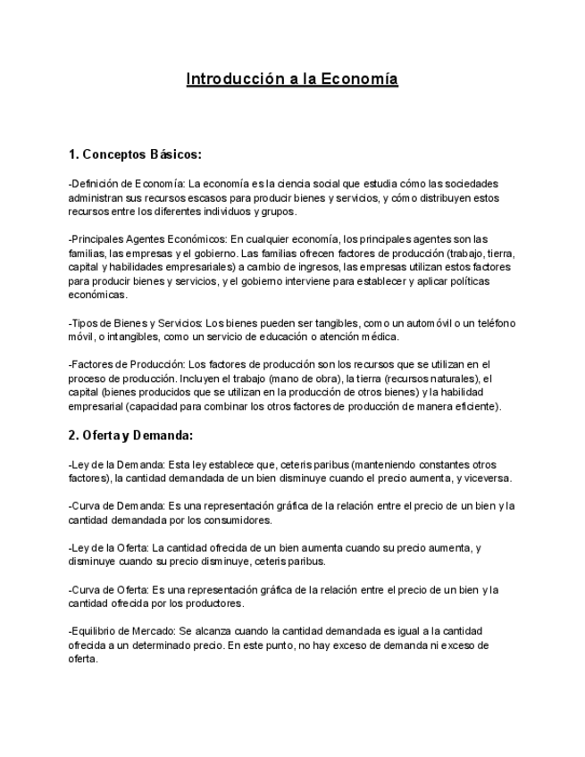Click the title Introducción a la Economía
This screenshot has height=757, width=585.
pyautogui.click(x=292, y=79)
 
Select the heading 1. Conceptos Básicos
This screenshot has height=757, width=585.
pyautogui.click(x=135, y=154)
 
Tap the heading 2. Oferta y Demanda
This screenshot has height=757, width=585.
pyautogui.click(x=130, y=436)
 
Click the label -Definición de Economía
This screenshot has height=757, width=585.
pyautogui.click(x=126, y=184)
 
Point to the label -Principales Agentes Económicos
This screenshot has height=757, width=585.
pyautogui.click(x=148, y=238)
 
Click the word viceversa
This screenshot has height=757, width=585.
pyautogui.click(x=461, y=478)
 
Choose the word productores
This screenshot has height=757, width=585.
pyautogui.click(x=214, y=603)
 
